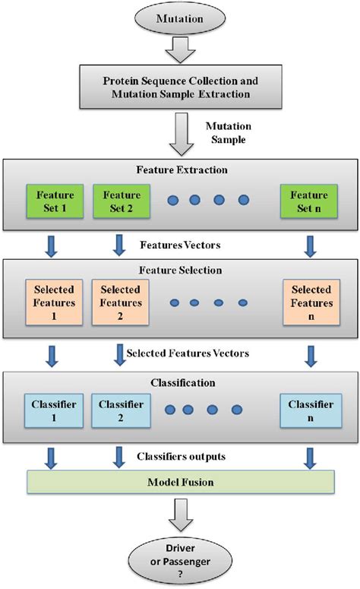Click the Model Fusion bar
[180, 483]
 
